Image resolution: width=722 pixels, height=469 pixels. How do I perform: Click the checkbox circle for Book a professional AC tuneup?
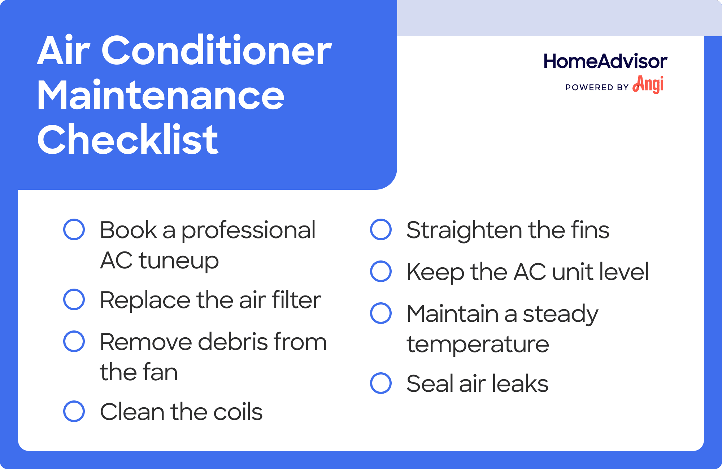tap(74, 229)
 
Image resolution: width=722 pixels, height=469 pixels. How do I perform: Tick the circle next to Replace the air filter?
tap(74, 299)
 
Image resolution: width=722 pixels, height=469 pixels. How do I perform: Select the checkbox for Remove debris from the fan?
tap(74, 341)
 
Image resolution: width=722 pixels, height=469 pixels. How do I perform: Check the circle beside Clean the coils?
tap(74, 411)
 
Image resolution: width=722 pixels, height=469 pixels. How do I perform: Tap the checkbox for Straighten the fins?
tap(381, 229)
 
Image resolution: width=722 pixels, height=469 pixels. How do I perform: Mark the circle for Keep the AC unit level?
tap(381, 271)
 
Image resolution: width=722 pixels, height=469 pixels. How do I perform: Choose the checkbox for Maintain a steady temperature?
tap(381, 313)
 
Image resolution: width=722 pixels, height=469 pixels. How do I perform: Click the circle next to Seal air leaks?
tap(381, 383)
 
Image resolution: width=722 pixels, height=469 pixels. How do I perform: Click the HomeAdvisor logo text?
tap(605, 61)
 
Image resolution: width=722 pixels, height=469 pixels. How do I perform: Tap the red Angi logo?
tap(649, 84)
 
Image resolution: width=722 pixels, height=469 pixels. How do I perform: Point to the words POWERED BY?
tap(597, 87)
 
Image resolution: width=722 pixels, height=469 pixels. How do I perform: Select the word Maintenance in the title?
tap(161, 96)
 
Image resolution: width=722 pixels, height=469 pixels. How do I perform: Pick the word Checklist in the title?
tap(128, 140)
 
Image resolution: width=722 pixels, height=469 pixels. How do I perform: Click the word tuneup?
tap(179, 260)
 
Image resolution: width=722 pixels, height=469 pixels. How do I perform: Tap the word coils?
tap(238, 412)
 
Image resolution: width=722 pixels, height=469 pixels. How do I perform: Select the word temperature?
tap(478, 345)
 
